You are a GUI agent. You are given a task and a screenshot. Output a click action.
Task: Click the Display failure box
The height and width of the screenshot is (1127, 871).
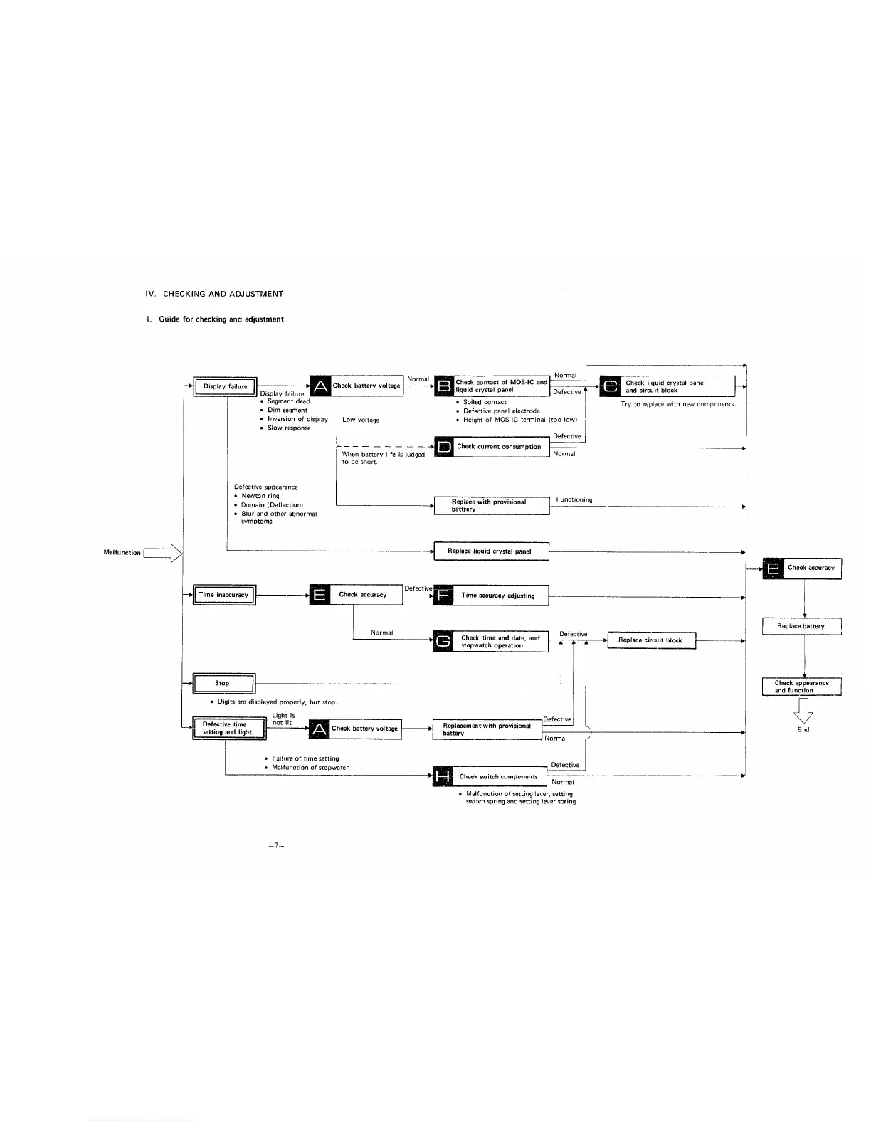point(225,386)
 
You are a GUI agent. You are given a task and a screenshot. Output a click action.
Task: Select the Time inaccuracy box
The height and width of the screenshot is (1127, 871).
point(223,595)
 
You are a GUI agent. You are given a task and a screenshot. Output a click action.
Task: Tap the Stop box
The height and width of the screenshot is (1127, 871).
point(223,683)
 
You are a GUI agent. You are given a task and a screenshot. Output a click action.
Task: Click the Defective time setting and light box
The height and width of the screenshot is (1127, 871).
point(228,729)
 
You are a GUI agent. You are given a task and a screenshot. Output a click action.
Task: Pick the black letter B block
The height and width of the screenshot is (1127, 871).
point(444,386)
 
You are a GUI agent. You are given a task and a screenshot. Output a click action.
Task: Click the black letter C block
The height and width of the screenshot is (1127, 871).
point(611,386)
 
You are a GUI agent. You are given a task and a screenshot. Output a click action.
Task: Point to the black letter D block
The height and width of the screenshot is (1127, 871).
point(444,447)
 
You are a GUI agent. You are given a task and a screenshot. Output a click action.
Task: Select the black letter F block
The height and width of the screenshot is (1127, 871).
point(443,595)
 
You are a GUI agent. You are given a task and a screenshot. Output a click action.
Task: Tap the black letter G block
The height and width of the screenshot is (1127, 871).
point(443,642)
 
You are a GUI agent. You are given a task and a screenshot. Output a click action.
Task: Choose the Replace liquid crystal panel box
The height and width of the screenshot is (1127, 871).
point(491,551)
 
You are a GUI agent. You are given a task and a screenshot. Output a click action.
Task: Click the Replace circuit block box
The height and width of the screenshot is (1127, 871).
point(650,640)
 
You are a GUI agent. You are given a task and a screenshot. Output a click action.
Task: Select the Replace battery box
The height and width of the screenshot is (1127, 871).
point(801,626)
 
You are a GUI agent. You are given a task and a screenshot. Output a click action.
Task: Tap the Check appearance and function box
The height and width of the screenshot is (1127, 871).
point(801,687)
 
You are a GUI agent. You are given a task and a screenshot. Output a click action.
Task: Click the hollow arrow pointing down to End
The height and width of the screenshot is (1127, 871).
point(803,709)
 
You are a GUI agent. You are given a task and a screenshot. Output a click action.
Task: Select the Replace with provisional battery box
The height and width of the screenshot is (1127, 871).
point(491,505)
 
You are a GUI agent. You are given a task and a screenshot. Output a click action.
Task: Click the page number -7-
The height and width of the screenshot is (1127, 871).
point(277,846)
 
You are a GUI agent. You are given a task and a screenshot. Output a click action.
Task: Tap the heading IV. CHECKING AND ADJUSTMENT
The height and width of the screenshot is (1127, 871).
point(214,294)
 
